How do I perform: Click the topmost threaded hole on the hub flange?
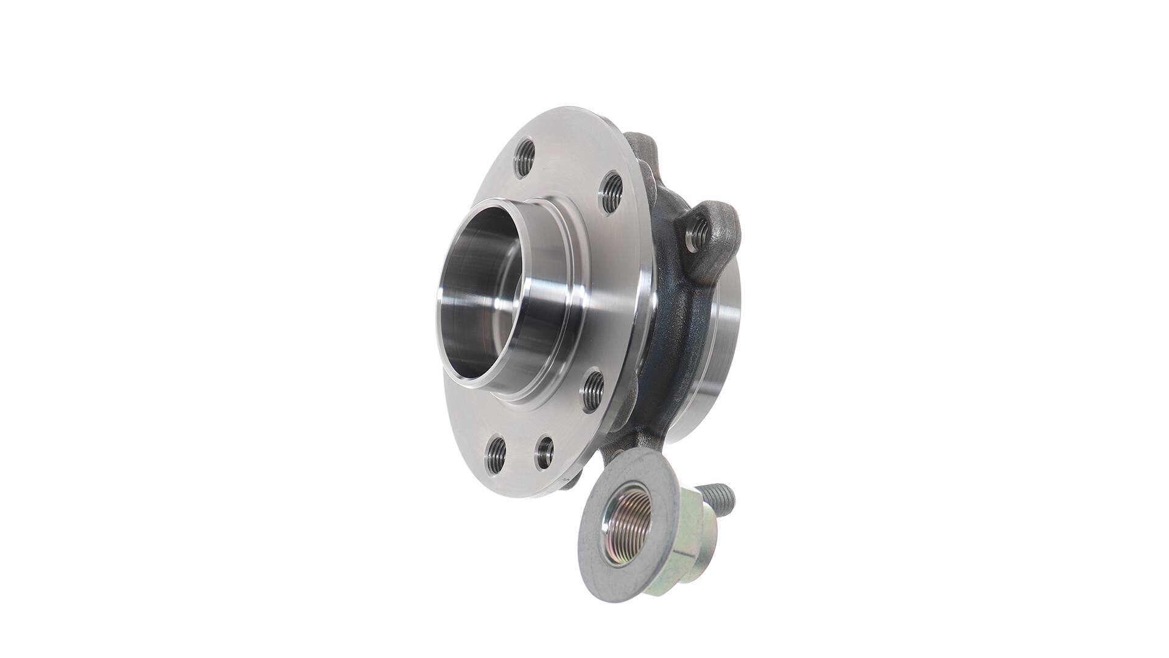coord(524,158)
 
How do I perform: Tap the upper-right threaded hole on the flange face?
coord(611,193)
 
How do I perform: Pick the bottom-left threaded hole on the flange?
coord(497,455)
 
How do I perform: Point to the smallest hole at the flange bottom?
coord(544,453)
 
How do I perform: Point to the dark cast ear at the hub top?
coord(643,146)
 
